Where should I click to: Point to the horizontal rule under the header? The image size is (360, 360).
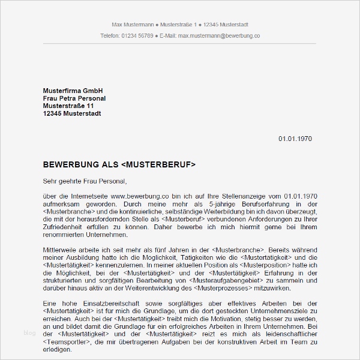click(x=180, y=44)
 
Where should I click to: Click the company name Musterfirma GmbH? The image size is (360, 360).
click(x=73, y=91)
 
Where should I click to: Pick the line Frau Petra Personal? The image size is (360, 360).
click(x=74, y=98)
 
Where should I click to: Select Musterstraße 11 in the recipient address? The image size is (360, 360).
click(x=68, y=106)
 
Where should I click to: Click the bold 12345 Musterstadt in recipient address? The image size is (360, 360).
click(x=72, y=114)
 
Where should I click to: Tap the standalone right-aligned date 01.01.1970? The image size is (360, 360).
click(x=295, y=139)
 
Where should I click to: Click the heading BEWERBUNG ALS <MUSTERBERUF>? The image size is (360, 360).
click(x=119, y=164)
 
